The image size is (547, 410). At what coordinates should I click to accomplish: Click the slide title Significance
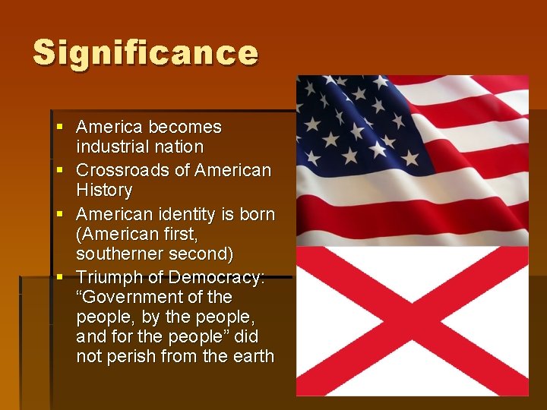[x=146, y=53]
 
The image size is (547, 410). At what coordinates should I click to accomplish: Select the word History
[x=104, y=190]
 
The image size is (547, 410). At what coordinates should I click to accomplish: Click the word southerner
[x=122, y=253]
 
